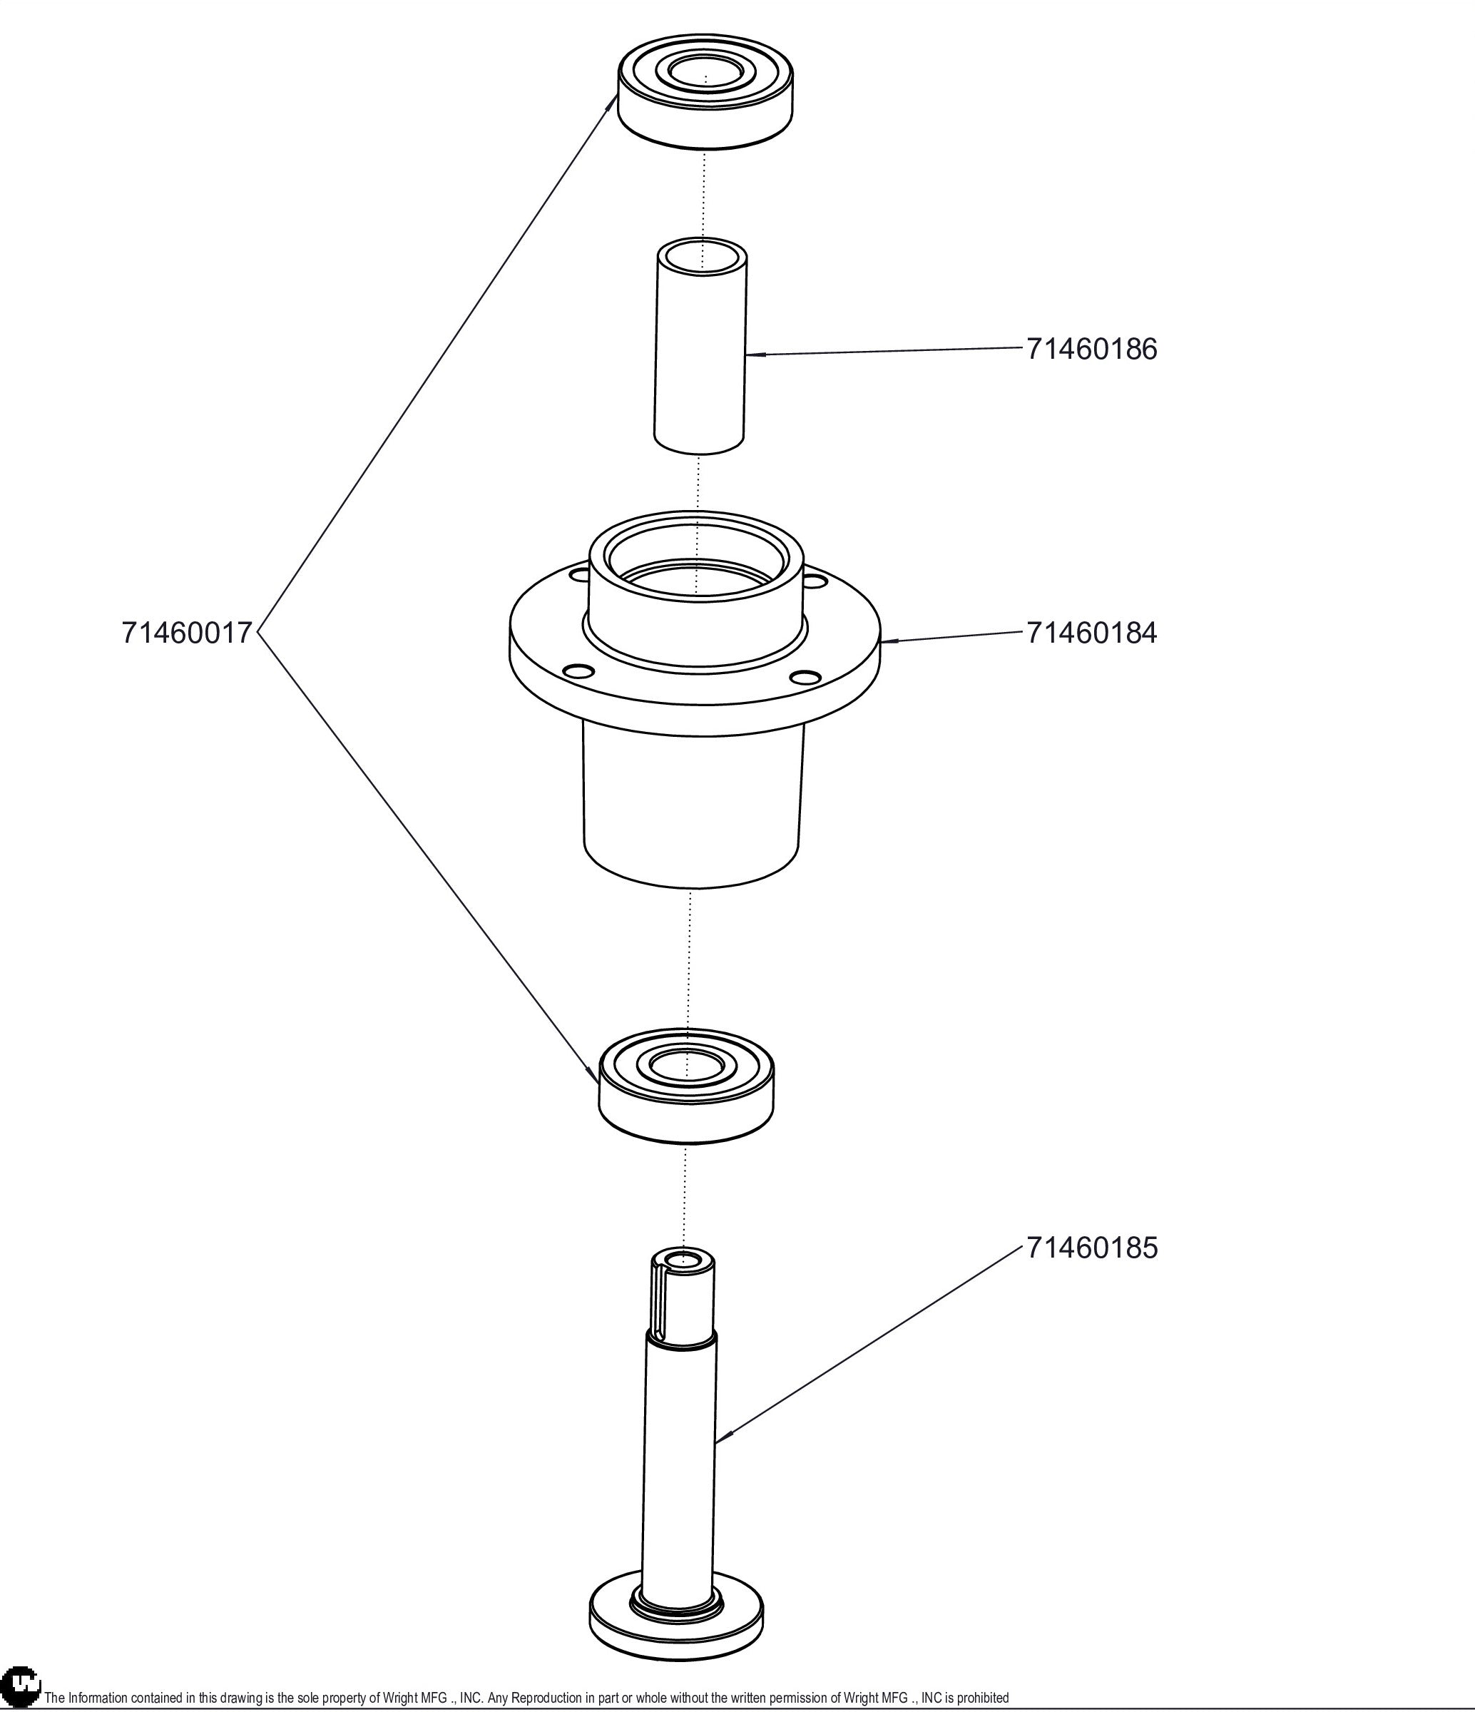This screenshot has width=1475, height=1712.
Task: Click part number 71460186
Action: pyautogui.click(x=1091, y=349)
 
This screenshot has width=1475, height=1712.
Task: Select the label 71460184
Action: pyautogui.click(x=1091, y=633)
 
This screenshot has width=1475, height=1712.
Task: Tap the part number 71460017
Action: pyautogui.click(x=186, y=633)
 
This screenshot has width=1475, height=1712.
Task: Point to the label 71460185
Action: pyautogui.click(x=1091, y=1248)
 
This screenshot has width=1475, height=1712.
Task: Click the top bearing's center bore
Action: pyautogui.click(x=705, y=72)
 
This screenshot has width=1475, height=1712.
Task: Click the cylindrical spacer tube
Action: pyautogui.click(x=700, y=355)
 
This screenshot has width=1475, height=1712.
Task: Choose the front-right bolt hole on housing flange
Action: pyautogui.click(x=802, y=678)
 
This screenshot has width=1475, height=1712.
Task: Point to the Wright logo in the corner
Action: pyautogui.click(x=20, y=1689)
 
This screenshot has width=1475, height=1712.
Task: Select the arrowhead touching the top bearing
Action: pyautogui.click(x=611, y=104)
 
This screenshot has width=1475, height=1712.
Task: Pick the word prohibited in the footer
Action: pyautogui.click(x=983, y=1698)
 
